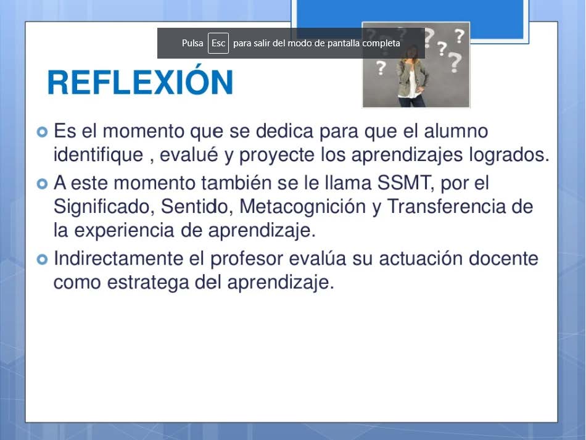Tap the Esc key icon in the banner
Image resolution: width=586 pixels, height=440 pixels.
218,43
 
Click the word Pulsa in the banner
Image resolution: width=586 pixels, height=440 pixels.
192,43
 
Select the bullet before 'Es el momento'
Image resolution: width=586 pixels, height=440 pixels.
42,132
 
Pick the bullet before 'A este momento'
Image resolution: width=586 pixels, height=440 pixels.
42,184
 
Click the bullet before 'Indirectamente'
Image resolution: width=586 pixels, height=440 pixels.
42,259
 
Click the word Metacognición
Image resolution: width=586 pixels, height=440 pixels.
302,207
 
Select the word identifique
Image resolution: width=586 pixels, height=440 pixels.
98,155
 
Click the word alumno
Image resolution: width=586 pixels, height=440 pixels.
456,131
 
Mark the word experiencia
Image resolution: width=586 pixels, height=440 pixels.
124,231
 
